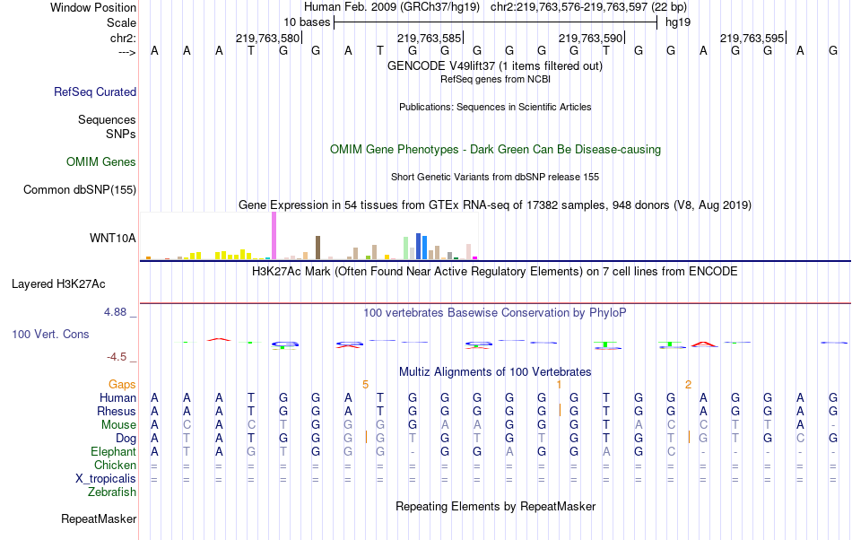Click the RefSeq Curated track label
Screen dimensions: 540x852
(95, 91)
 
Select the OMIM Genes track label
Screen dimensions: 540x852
(101, 162)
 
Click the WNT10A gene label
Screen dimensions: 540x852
(113, 238)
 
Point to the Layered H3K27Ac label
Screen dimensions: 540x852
(58, 284)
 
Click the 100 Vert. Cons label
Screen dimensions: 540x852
(50, 334)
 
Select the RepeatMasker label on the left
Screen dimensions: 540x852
(99, 518)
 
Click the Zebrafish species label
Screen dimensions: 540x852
(112, 492)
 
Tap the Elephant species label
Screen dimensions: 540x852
(113, 451)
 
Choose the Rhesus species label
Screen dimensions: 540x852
(117, 411)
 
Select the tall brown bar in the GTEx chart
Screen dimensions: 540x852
(317, 247)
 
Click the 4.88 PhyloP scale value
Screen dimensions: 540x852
(117, 312)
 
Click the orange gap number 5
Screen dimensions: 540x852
(365, 384)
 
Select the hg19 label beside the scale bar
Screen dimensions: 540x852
(677, 22)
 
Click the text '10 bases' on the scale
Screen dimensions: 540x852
(306, 22)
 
